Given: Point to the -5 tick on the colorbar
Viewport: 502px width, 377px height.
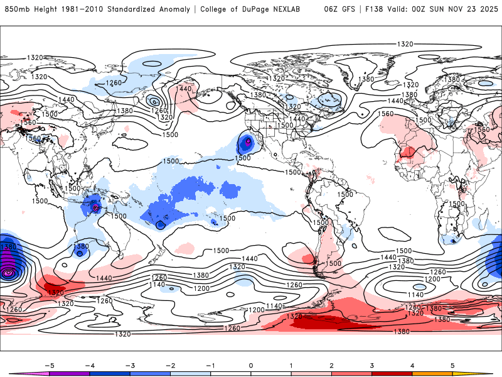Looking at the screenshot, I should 48,364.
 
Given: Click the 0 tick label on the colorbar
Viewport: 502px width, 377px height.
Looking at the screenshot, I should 251,364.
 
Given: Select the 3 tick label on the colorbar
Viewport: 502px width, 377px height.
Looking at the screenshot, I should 371,364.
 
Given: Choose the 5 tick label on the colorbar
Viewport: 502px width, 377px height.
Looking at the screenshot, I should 452,364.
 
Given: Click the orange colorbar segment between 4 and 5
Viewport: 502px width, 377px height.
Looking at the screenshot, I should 432,373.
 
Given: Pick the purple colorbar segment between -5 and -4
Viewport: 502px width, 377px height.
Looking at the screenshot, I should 69,373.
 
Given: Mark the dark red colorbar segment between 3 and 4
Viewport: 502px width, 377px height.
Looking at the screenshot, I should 392,373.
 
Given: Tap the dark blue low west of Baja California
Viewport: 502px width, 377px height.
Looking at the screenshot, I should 247,143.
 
